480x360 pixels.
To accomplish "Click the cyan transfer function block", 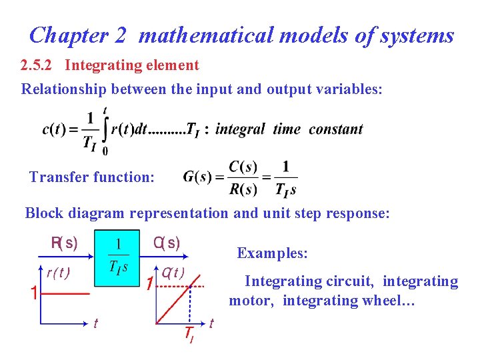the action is [x=117, y=258].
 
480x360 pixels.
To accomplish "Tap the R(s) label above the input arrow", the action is [x=64, y=243].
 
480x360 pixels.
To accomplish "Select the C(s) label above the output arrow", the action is [x=166, y=243].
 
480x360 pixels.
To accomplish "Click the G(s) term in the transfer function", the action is [x=197, y=177].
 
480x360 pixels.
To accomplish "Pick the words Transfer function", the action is [x=92, y=177].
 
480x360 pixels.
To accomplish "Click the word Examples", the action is [x=272, y=253].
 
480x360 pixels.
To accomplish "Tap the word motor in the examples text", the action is [x=251, y=301].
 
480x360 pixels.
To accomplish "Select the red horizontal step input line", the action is [x=67, y=293].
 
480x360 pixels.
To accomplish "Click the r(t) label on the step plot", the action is [x=58, y=272].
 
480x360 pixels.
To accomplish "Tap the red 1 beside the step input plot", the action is [x=33, y=293].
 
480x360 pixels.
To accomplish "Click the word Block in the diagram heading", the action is [x=41, y=213].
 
